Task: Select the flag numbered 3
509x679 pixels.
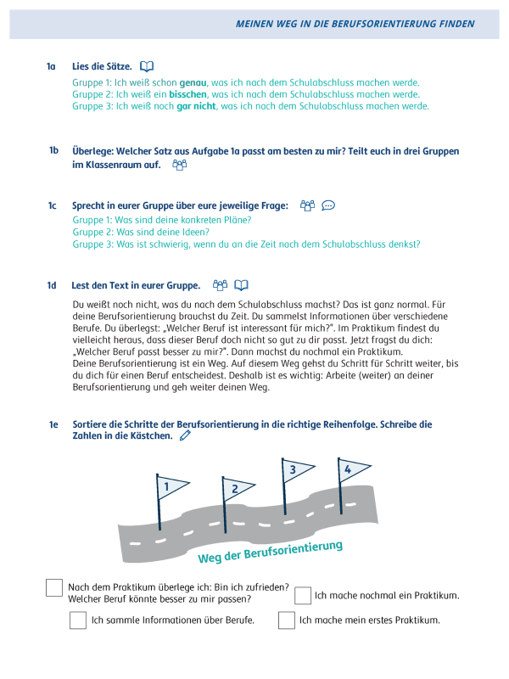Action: tap(296, 469)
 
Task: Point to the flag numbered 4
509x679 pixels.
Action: tap(352, 469)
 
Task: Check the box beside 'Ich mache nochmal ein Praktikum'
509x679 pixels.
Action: tap(303, 596)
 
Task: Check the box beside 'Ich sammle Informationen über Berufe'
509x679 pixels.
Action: tap(78, 620)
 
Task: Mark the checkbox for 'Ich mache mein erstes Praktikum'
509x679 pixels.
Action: tap(287, 620)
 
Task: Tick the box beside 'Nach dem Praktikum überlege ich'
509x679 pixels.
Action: tap(54, 588)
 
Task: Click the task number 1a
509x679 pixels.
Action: tap(51, 66)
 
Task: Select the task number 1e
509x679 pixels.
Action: tap(53, 424)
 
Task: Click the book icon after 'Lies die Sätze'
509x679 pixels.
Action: tap(147, 66)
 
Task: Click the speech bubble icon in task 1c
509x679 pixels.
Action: tap(329, 205)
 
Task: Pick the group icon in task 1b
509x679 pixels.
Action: tap(179, 165)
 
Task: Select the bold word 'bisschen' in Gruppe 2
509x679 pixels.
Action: tap(187, 94)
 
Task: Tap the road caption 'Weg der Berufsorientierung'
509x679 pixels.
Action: tap(270, 552)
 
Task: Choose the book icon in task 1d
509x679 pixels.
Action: tap(242, 285)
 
